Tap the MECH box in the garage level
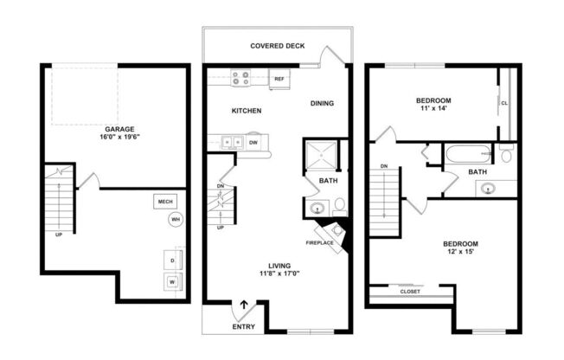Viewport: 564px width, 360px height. click(164, 202)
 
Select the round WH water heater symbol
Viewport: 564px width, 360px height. click(175, 220)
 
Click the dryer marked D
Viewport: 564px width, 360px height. click(171, 260)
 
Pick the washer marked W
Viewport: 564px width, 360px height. click(171, 282)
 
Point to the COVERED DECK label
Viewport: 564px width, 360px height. click(277, 45)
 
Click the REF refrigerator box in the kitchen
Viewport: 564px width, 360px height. click(279, 79)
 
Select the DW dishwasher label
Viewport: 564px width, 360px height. click(253, 142)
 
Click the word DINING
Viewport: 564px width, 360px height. click(322, 103)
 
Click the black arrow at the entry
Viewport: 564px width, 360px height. click(244, 305)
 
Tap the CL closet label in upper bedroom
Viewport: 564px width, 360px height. click(504, 103)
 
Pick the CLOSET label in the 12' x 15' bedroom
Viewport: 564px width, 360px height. click(410, 292)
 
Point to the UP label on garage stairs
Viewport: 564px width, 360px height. click(59, 234)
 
